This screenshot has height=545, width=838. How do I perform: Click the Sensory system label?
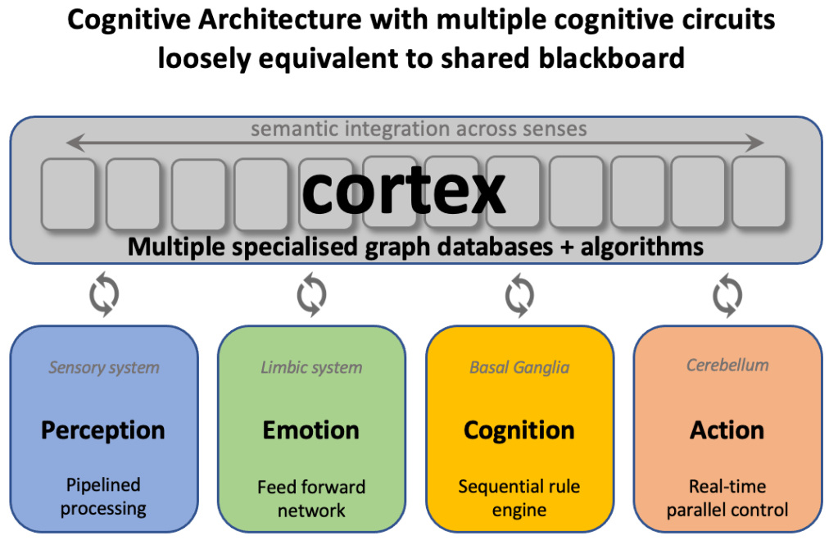click(x=103, y=367)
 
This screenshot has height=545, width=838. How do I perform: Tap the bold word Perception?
click(x=103, y=429)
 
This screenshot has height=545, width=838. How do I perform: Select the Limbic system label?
click(x=311, y=367)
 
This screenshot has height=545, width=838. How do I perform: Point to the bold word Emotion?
click(x=311, y=429)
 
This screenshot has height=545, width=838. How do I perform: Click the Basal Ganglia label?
click(x=519, y=367)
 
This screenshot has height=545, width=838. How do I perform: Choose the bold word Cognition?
click(x=519, y=429)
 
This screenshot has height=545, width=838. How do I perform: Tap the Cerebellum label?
click(x=727, y=366)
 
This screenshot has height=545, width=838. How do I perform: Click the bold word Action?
click(x=727, y=429)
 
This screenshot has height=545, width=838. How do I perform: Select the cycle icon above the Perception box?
click(x=103, y=296)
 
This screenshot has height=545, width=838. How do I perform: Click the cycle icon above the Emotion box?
click(x=311, y=296)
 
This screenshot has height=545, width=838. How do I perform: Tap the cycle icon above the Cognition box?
click(x=519, y=296)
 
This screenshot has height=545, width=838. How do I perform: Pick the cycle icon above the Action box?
click(x=727, y=296)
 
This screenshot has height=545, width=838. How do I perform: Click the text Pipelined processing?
click(x=103, y=497)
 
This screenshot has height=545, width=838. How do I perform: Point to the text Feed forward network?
click(x=311, y=498)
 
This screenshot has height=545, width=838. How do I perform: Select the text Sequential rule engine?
click(x=519, y=498)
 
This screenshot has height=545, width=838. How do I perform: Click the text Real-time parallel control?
click(x=727, y=498)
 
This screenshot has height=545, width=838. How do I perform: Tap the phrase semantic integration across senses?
click(x=419, y=129)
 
